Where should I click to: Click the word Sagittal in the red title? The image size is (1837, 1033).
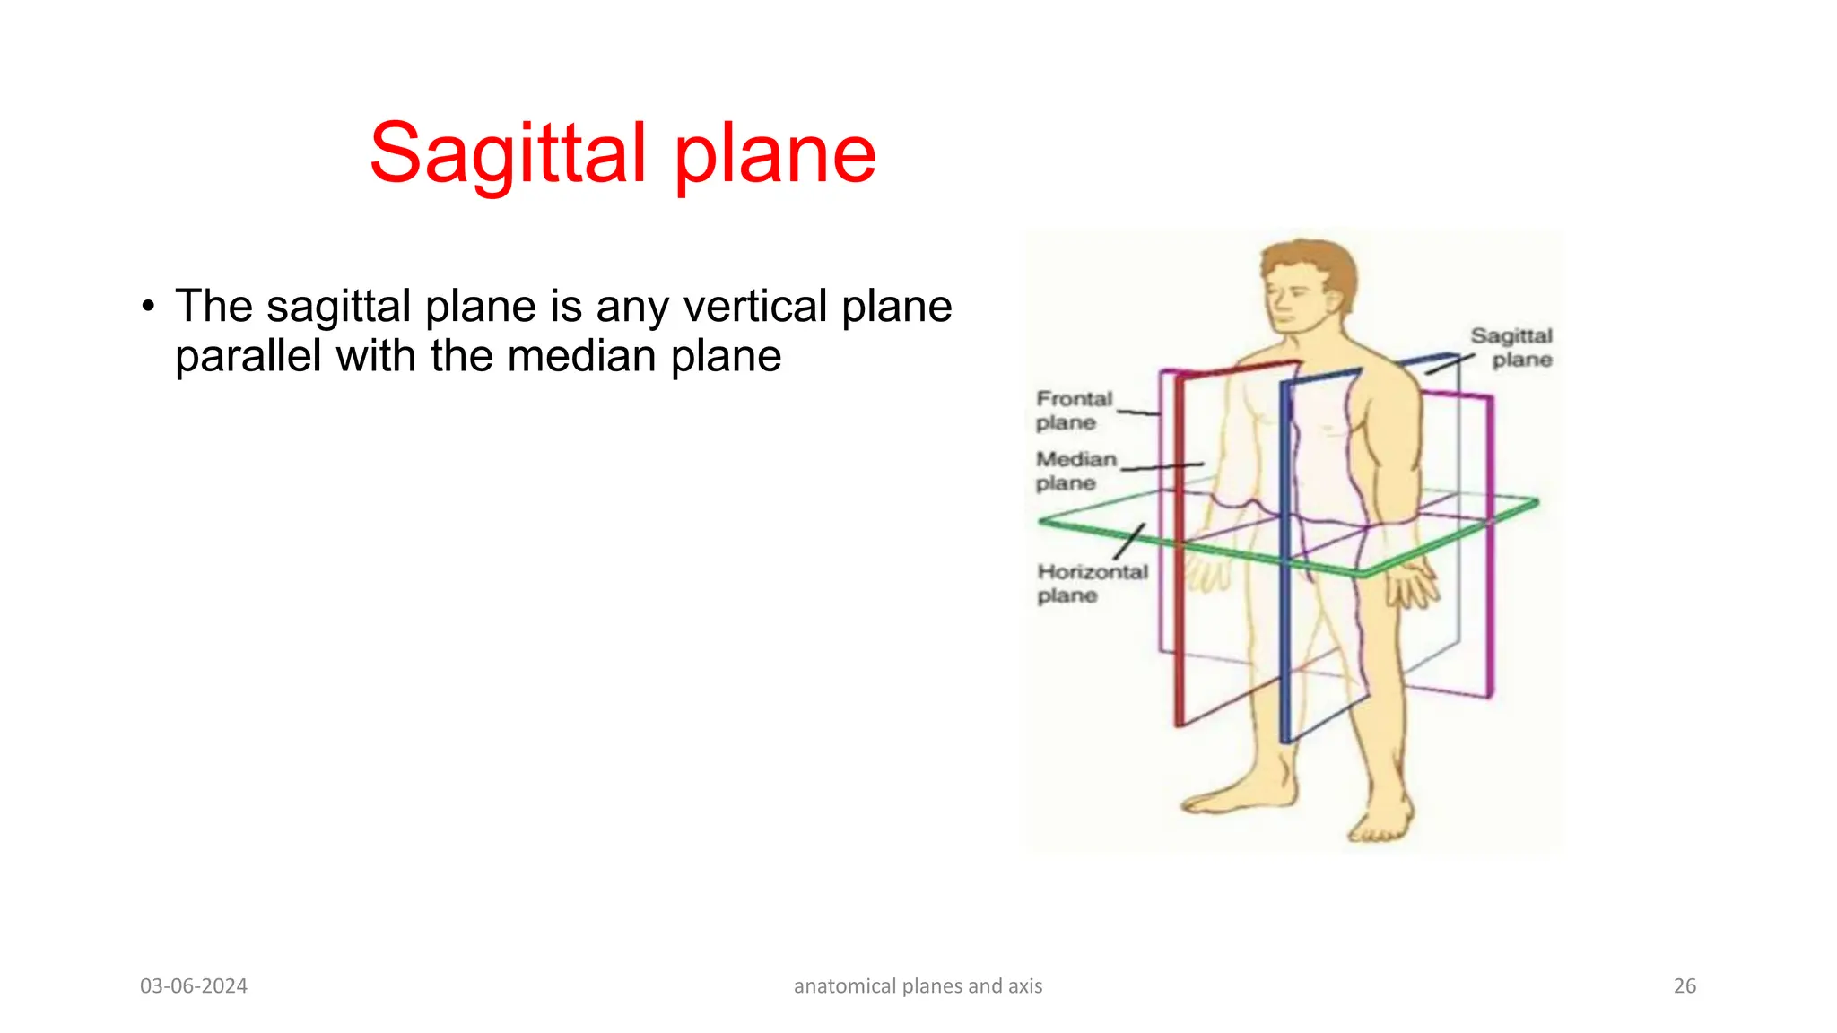click(x=507, y=154)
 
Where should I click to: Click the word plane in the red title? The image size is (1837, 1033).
click(x=775, y=154)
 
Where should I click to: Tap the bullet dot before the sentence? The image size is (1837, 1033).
click(x=149, y=307)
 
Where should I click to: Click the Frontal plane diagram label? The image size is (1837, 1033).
click(x=1073, y=410)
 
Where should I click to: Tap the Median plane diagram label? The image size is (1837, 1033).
click(x=1075, y=471)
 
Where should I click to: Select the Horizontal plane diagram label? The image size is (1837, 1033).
click(x=1092, y=583)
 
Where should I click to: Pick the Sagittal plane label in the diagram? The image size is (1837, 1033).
click(x=1512, y=347)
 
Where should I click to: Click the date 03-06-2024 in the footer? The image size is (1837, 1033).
click(x=194, y=985)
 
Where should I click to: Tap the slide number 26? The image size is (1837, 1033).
click(x=1685, y=985)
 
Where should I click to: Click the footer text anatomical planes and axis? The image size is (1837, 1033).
click(x=918, y=985)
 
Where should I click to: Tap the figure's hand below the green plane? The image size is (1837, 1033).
click(x=1412, y=587)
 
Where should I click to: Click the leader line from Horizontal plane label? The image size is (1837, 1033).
click(x=1130, y=542)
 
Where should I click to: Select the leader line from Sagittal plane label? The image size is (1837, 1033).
click(x=1450, y=364)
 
